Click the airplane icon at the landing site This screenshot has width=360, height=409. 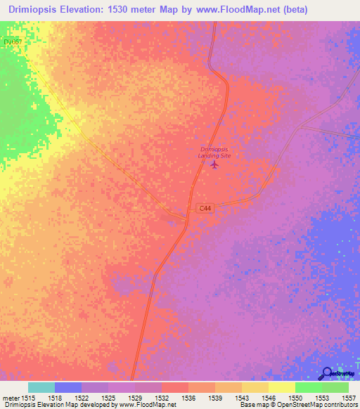214,164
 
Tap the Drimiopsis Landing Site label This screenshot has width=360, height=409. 215,152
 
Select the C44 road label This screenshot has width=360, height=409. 205,208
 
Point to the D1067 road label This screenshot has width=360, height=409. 13,42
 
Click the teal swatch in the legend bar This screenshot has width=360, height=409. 41,387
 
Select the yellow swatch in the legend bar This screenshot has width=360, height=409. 281,387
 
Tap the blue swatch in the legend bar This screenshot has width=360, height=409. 67,387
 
